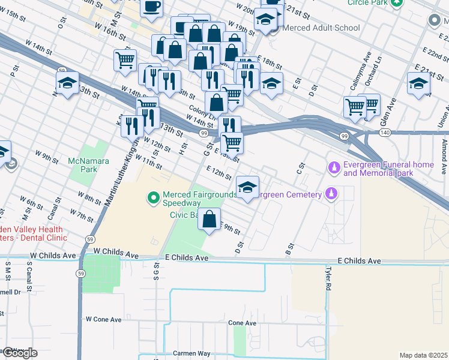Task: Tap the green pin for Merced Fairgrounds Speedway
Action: [153, 196]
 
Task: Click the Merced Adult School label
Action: [321, 28]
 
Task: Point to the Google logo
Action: [19, 353]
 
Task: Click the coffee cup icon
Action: [151, 7]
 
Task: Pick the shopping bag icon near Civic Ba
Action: [209, 220]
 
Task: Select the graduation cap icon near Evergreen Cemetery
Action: [247, 187]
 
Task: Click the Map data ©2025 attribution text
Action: [423, 355]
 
